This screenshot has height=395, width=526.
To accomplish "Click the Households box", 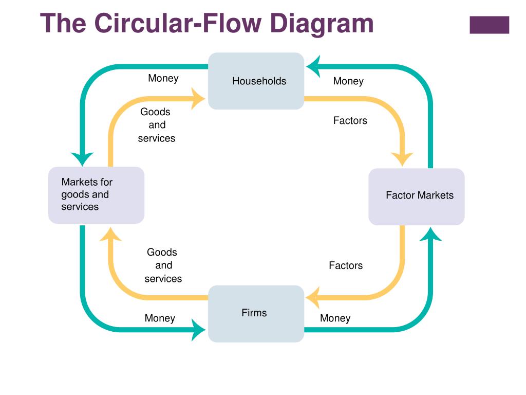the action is click(x=256, y=81).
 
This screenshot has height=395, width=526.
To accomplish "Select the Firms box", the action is click(x=256, y=314).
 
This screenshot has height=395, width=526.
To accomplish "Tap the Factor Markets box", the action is click(x=416, y=196).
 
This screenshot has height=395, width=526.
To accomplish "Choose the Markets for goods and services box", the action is click(x=96, y=195).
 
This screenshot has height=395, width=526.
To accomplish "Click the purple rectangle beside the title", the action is click(x=490, y=25).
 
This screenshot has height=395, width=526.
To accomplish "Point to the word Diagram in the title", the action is click(x=322, y=24).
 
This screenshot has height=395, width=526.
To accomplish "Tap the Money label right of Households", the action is click(x=348, y=81).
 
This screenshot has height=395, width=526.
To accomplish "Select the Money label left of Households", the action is click(x=163, y=78).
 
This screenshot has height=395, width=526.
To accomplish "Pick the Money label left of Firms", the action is click(x=160, y=318).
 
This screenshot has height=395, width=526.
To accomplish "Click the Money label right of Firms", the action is click(x=335, y=318).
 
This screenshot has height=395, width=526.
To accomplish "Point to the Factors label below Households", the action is click(x=350, y=120).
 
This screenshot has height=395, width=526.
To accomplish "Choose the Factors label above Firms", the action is click(x=346, y=266).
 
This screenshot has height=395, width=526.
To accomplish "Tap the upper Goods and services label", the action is click(x=156, y=125).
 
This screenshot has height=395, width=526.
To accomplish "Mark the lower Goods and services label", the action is click(x=163, y=265).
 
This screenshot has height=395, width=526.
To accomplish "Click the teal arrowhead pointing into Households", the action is click(x=314, y=66).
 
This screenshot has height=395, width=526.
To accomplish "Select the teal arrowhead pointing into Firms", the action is click(x=198, y=330).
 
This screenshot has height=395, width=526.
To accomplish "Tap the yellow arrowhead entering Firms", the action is click(x=313, y=298).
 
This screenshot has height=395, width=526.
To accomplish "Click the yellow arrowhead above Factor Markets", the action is click(x=402, y=159).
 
